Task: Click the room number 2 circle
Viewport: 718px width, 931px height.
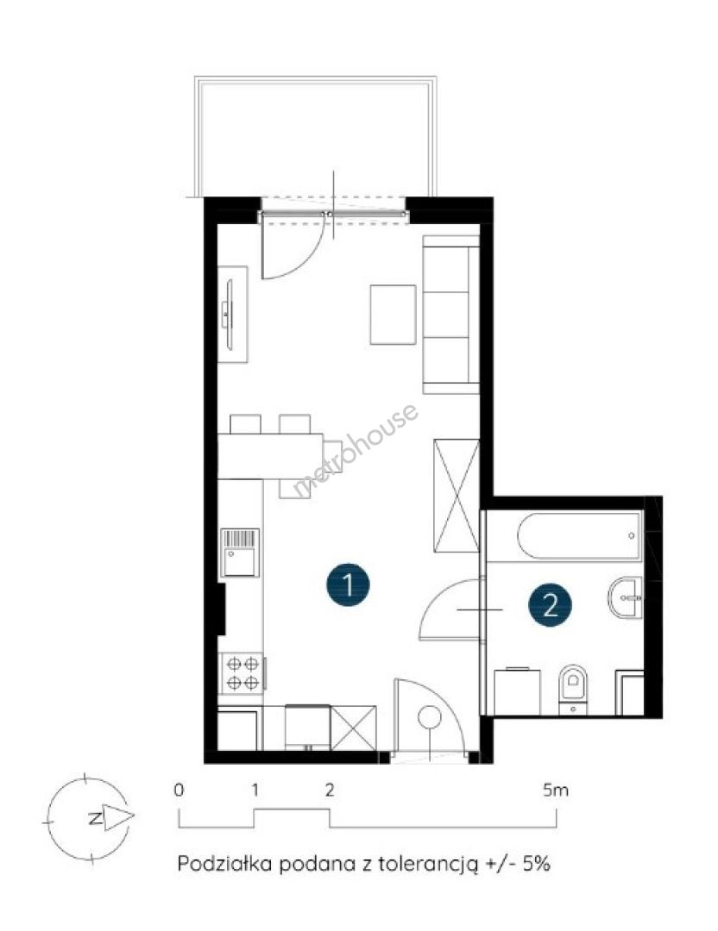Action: pyautogui.click(x=551, y=606)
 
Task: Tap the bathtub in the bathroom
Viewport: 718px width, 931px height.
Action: pyautogui.click(x=579, y=536)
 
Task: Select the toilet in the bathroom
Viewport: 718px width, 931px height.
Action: pyautogui.click(x=573, y=689)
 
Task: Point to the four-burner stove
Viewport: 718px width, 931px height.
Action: pyautogui.click(x=243, y=672)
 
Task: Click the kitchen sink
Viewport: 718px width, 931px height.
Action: pyautogui.click(x=241, y=553)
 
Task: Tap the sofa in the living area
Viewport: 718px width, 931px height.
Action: pyautogui.click(x=450, y=315)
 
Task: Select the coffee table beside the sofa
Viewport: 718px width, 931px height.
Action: pyautogui.click(x=393, y=315)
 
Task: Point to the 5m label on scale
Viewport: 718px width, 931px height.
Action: pyautogui.click(x=556, y=790)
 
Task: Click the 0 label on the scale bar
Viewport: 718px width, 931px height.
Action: pyautogui.click(x=179, y=790)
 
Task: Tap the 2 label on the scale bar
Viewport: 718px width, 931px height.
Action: pyautogui.click(x=330, y=790)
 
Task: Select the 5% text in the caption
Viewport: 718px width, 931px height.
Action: pyautogui.click(x=537, y=863)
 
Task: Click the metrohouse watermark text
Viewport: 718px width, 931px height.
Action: pyautogui.click(x=356, y=449)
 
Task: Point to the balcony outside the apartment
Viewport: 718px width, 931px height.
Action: pyautogui.click(x=316, y=136)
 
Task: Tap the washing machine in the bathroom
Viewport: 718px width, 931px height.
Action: pyautogui.click(x=518, y=691)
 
